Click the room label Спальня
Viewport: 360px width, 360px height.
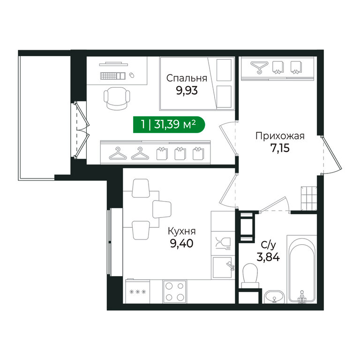[187, 78]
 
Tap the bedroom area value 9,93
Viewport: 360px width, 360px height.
[187, 90]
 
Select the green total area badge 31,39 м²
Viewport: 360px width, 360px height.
[169, 125]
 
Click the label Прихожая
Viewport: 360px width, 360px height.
[280, 136]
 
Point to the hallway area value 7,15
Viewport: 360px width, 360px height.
[280, 148]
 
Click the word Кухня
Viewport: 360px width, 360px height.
[181, 231]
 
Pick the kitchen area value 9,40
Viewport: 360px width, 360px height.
[181, 243]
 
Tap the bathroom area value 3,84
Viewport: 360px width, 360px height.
[268, 257]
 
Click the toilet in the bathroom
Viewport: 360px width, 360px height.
[250, 275]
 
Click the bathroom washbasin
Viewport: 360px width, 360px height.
[274, 296]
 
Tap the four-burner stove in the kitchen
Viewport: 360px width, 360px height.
[175, 292]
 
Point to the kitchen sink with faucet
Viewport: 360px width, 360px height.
[223, 268]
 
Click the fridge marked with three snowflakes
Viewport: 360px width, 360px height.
[137, 291]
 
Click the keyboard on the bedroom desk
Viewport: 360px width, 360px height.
[113, 76]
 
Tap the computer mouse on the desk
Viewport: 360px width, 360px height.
[132, 75]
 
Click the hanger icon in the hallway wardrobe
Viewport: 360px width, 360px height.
[259, 67]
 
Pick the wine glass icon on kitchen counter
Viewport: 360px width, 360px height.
[223, 244]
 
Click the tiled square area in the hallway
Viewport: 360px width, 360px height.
[309, 198]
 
